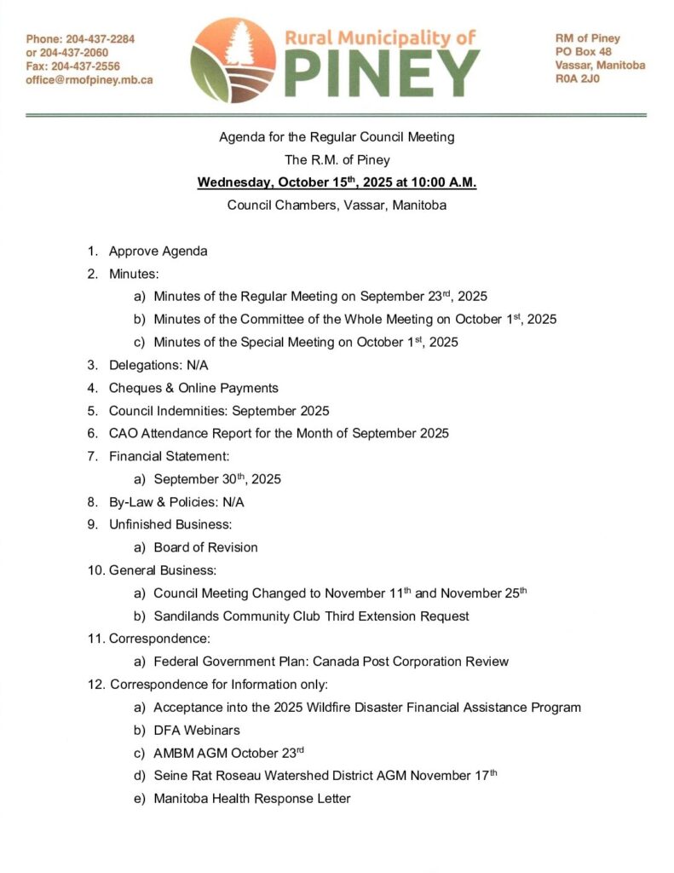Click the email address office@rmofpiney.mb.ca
(89, 80)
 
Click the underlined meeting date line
(337, 182)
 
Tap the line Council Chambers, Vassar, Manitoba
(337, 205)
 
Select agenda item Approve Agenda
(158, 251)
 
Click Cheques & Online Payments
(193, 388)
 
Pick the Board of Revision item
(205, 547)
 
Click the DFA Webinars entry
(197, 730)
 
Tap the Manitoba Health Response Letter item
(252, 799)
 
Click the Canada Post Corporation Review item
(331, 662)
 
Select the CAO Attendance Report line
(279, 433)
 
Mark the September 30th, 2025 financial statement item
(217, 479)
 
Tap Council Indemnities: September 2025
(219, 411)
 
